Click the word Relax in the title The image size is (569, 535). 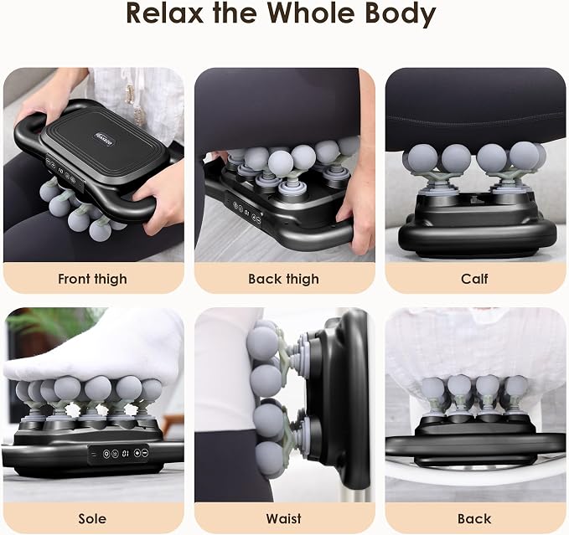coord(165,13)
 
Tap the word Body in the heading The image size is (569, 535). coord(398,14)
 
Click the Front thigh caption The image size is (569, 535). coord(92,279)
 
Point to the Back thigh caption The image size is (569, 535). coord(284,279)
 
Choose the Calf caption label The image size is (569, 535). coord(474,279)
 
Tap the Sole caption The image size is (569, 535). coord(92,519)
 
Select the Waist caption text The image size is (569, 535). coord(284,519)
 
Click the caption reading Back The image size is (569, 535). coord(474,519)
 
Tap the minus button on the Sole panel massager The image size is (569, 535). coord(145,453)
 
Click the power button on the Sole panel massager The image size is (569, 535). coord(106,453)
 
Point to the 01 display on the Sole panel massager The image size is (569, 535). coord(126,453)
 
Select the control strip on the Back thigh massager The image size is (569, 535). coord(246,212)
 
